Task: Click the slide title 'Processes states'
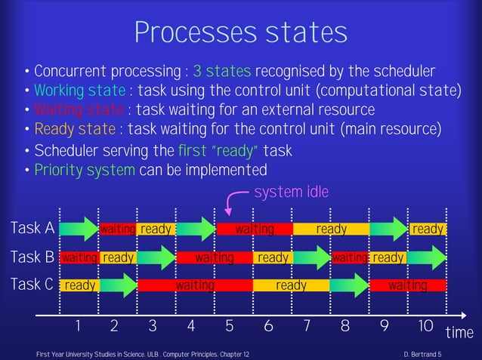coord(240,32)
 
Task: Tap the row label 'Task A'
coord(32,229)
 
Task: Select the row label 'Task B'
coord(32,258)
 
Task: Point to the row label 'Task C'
coord(32,285)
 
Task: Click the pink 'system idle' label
coord(292,192)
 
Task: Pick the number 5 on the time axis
coord(230,326)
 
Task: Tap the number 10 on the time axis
coord(425,326)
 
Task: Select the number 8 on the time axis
coord(345,326)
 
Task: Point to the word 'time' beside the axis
coord(459,333)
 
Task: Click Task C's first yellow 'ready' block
coord(79,286)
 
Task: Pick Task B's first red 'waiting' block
coord(79,258)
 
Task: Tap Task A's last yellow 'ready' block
coord(428,229)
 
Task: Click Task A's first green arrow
coord(79,229)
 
